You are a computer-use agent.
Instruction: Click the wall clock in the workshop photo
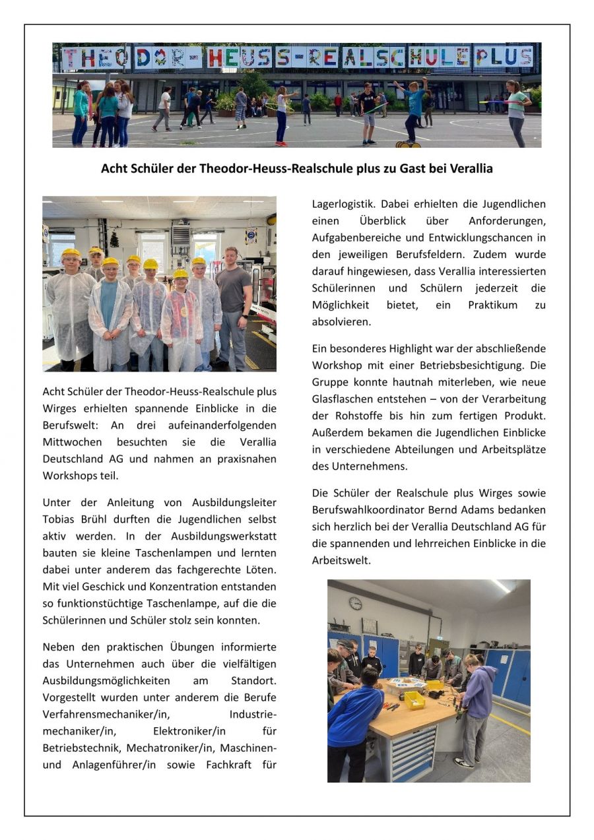[355, 603]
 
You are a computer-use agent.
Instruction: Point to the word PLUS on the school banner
[504, 57]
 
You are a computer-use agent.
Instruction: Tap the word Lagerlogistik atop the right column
[343, 204]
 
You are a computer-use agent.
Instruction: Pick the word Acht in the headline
[113, 169]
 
